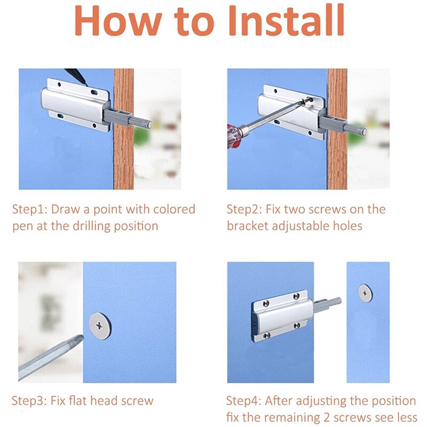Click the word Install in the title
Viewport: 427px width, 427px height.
[286, 21]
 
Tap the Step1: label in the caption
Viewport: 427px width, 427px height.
[30, 209]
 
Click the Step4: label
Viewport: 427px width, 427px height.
[244, 401]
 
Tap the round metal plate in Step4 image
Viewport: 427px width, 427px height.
[366, 292]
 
